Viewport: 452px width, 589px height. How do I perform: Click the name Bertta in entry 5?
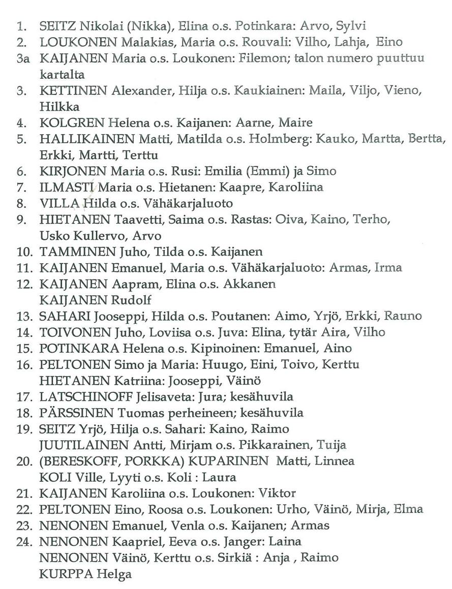(x=429, y=139)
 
